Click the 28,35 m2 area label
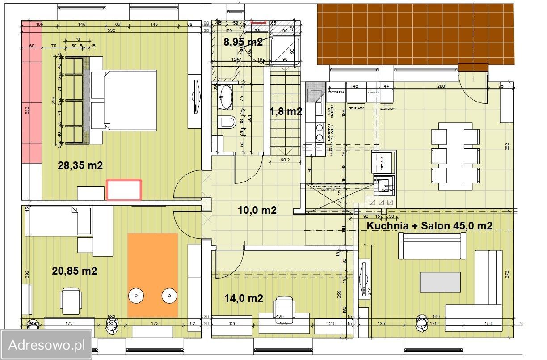(80, 165)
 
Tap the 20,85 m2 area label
(75, 271)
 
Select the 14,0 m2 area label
(243, 298)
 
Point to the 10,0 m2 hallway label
(257, 210)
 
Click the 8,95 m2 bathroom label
(243, 42)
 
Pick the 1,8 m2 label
(286, 111)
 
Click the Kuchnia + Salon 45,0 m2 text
(429, 226)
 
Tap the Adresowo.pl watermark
(46, 345)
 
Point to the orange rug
(153, 275)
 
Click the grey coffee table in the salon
(440, 282)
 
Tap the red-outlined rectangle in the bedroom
(124, 190)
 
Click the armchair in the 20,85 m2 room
(71, 300)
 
